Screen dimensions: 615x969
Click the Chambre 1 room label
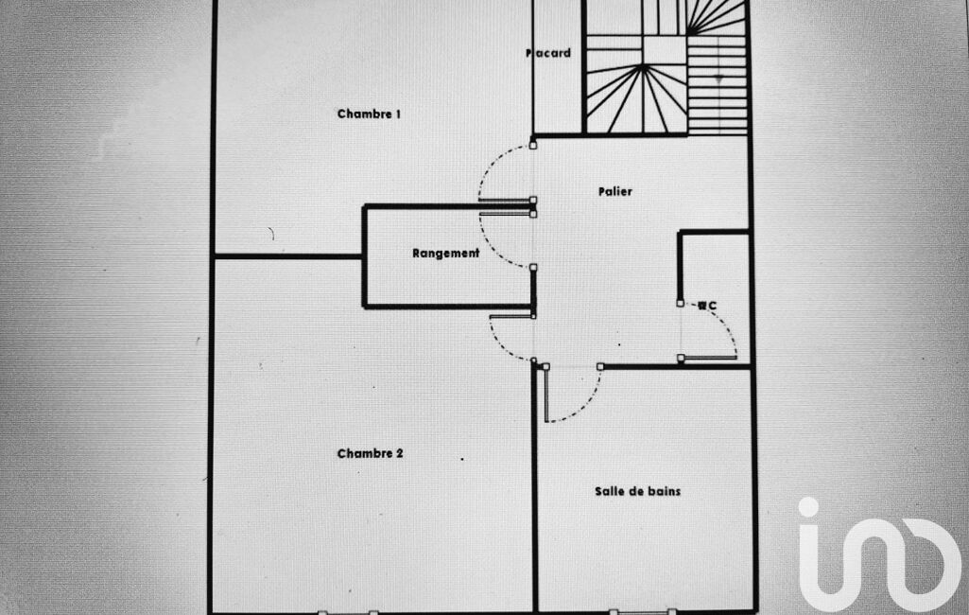click(x=369, y=114)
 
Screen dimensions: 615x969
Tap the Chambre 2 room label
click(x=370, y=453)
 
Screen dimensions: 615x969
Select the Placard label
click(x=548, y=53)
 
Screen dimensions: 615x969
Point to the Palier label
click(x=614, y=191)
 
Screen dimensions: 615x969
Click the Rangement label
click(x=445, y=254)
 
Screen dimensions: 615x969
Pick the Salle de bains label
click(x=637, y=491)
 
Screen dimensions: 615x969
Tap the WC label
click(x=707, y=306)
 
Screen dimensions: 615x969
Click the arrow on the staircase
click(x=718, y=79)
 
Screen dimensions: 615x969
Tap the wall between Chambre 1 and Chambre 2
click(x=288, y=255)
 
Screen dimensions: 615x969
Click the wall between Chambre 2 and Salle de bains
click(x=534, y=492)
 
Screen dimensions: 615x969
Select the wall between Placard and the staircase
click(x=583, y=66)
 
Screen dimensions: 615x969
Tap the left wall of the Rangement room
click(x=365, y=255)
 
